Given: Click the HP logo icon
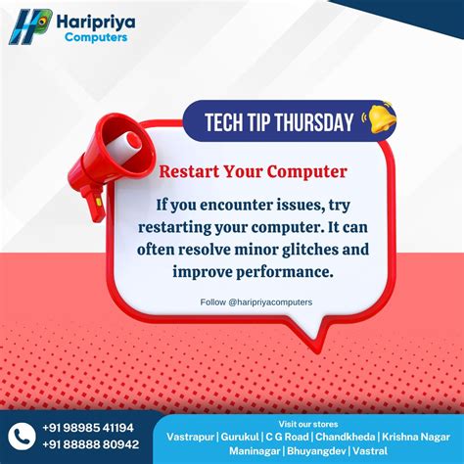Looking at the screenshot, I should point(30,25).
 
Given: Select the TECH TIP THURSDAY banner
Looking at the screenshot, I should point(278,122).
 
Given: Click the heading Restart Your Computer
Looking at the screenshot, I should point(253,172).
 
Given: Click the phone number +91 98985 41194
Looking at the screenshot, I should point(88,427).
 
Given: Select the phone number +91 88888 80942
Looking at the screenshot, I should point(90,444).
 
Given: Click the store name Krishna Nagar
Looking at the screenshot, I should point(418,435).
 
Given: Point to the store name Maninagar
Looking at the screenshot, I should point(255,450).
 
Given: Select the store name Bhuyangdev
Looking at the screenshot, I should point(320,450).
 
